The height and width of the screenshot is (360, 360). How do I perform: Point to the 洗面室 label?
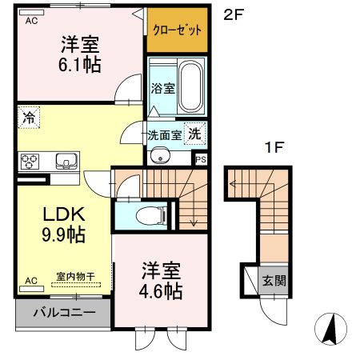coord(163,135)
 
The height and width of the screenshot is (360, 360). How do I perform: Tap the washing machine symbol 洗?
coord(194,134)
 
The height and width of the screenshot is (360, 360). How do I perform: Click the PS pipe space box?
coord(200,158)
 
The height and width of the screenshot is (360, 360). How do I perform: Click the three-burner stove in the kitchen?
coord(30,162)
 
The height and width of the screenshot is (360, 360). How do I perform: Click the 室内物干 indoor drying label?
coord(75,277)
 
